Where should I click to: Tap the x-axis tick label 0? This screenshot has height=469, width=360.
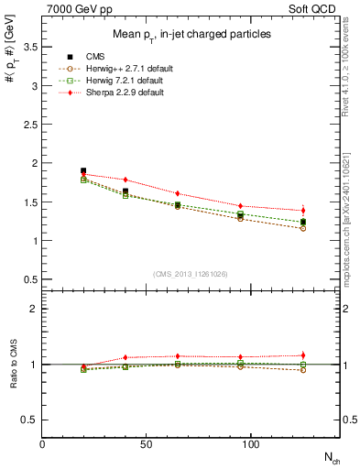[x=43, y=443]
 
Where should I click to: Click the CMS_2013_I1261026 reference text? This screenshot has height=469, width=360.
[x=191, y=273]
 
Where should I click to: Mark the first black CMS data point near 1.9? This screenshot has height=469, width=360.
[x=83, y=171]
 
